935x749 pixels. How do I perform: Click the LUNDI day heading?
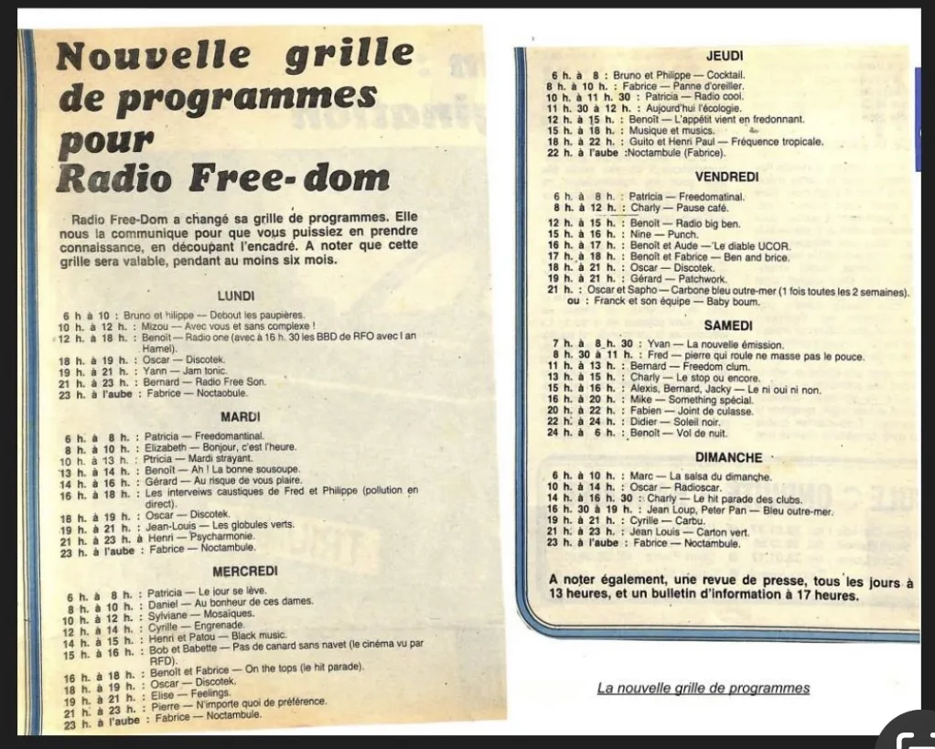tap(236, 296)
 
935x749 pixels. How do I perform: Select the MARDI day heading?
tap(241, 417)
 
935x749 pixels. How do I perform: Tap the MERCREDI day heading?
tap(245, 572)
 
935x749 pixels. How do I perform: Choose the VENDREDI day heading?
tap(727, 177)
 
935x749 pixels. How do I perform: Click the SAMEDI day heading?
tap(729, 326)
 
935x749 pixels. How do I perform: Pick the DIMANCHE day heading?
tap(729, 457)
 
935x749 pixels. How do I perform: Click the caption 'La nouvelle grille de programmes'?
tap(704, 688)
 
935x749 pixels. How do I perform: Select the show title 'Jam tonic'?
tap(208, 371)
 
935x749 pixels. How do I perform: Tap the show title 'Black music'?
tap(259, 635)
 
